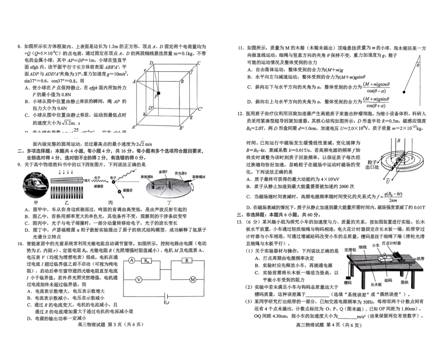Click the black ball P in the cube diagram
pos(159,94)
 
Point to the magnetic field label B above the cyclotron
pos(398,139)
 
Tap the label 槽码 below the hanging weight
pos(347,282)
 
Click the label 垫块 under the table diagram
pos(404,282)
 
